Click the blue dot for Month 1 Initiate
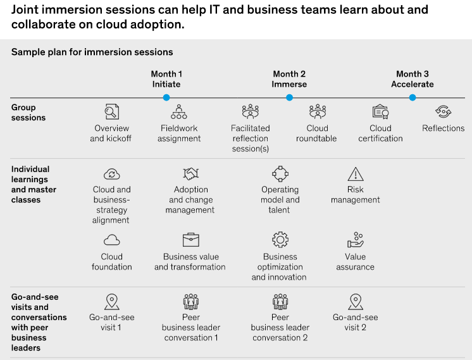tap(166, 97)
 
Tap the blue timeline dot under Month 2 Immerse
tap(289, 97)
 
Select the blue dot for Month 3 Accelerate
tap(413, 97)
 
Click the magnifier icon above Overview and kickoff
tap(112, 112)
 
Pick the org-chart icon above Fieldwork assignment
tap(179, 112)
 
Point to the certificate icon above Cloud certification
tap(380, 112)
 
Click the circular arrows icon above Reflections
tap(443, 112)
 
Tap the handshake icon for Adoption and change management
tap(191, 174)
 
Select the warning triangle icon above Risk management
tap(356, 174)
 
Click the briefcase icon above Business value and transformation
tap(191, 240)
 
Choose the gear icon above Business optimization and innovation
tap(280, 240)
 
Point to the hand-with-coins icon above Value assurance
tap(356, 240)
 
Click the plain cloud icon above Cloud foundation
tap(112, 240)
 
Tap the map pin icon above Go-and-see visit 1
tap(112, 302)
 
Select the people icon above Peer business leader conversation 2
tap(280, 302)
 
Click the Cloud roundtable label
tap(316, 133)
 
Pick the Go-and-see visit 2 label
tap(356, 323)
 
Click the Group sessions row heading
tap(28, 113)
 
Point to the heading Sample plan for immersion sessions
tap(92, 52)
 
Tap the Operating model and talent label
tap(280, 199)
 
